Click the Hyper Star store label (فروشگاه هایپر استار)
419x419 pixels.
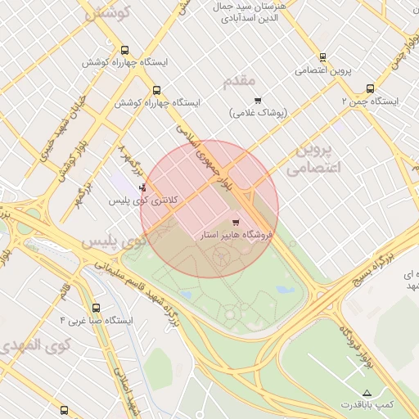point(237,235)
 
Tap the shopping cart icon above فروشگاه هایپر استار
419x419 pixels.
point(237,222)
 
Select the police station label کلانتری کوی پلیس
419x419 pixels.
point(144,200)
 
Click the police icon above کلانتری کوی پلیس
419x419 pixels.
point(144,187)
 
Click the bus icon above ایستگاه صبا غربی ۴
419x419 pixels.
point(97,309)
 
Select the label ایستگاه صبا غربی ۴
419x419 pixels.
point(97,321)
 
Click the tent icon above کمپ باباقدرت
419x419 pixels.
point(367,393)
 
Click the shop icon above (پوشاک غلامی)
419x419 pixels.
point(259,100)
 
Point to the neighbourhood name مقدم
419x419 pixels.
point(239,81)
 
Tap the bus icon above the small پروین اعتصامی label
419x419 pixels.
point(322,57)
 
